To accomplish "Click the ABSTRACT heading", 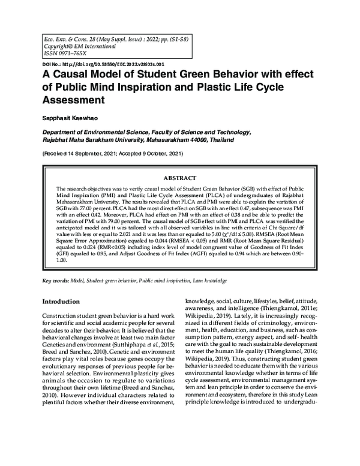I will coord(179,178).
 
